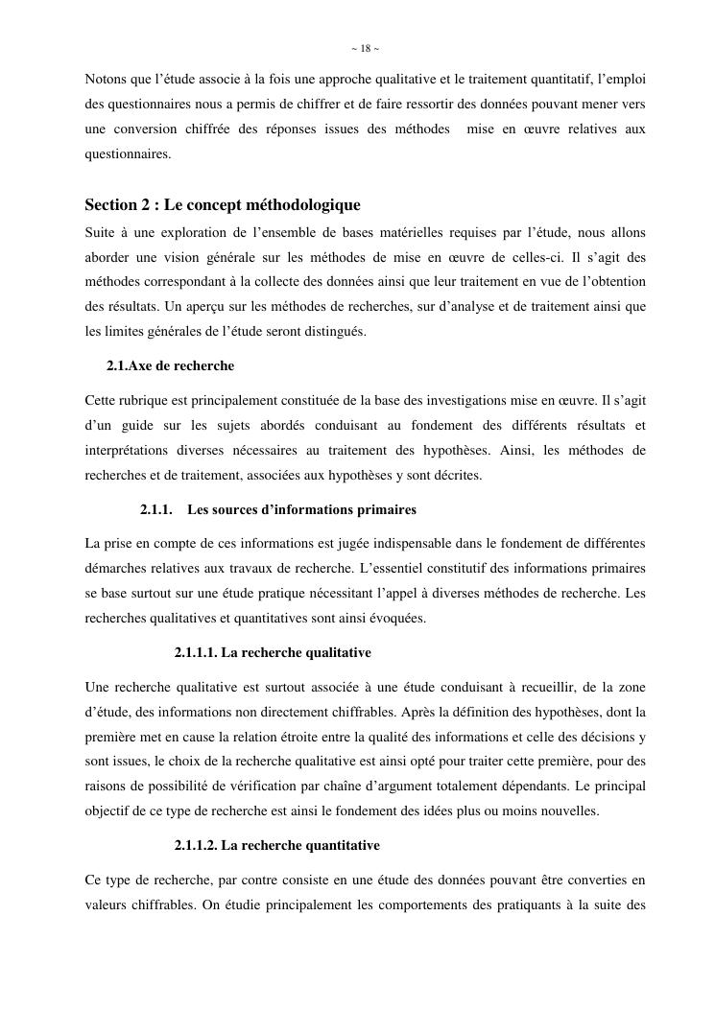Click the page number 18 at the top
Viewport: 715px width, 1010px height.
coord(365,48)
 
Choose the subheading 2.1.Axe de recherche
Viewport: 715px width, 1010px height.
coord(170,365)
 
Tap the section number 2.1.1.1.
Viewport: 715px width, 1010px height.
coord(195,652)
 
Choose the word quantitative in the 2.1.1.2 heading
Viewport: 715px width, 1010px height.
coord(336,845)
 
